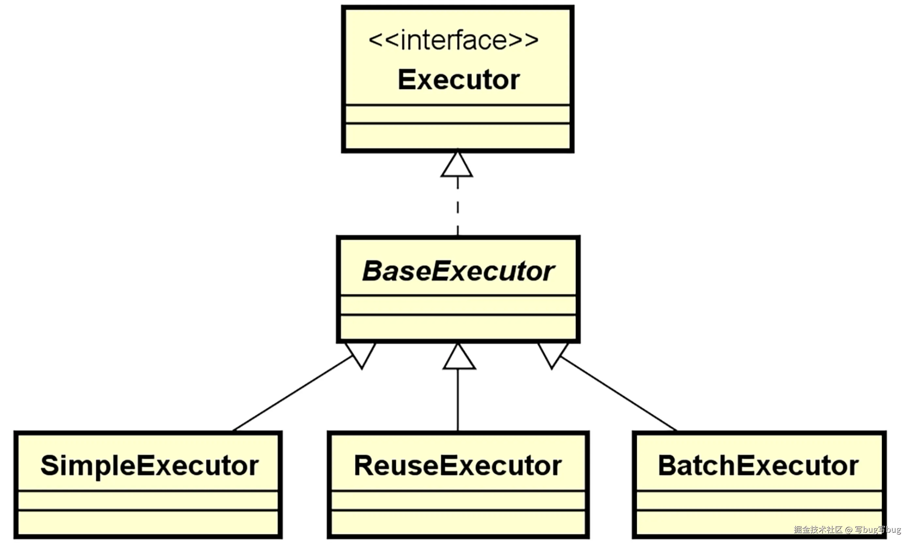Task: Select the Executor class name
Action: point(459,80)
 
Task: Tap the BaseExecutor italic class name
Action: point(458,271)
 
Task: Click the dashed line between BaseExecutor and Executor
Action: point(458,207)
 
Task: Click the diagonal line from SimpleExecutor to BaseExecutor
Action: point(292,394)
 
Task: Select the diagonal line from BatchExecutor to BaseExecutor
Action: point(619,394)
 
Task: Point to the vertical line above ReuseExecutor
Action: point(458,401)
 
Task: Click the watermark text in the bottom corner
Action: point(847,529)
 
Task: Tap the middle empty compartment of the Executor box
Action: point(458,114)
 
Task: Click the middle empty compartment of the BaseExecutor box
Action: point(458,305)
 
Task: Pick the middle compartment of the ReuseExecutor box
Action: point(458,500)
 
